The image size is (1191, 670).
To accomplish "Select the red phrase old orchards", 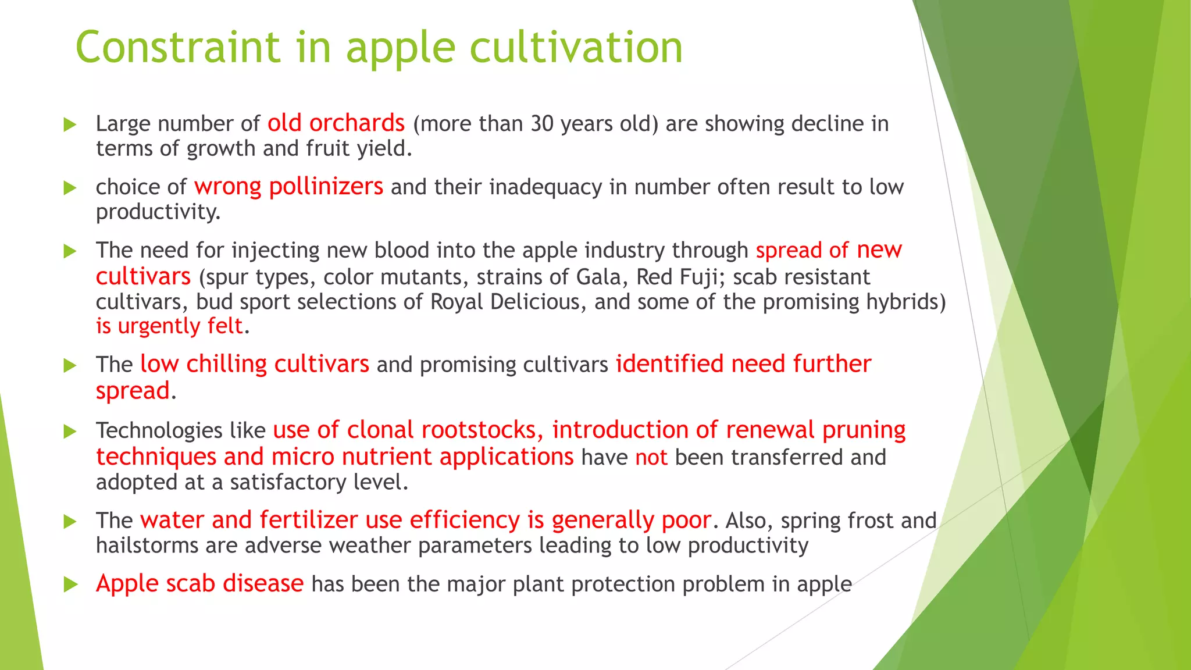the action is [336, 123].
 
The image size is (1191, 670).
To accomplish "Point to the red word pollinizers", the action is [326, 187].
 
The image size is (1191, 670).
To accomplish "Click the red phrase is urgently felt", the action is [169, 326].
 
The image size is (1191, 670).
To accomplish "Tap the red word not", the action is [651, 458].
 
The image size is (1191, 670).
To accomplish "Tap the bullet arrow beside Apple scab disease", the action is [70, 585].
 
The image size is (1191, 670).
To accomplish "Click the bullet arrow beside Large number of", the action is [70, 124].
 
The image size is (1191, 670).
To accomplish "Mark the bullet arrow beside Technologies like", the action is [70, 432].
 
